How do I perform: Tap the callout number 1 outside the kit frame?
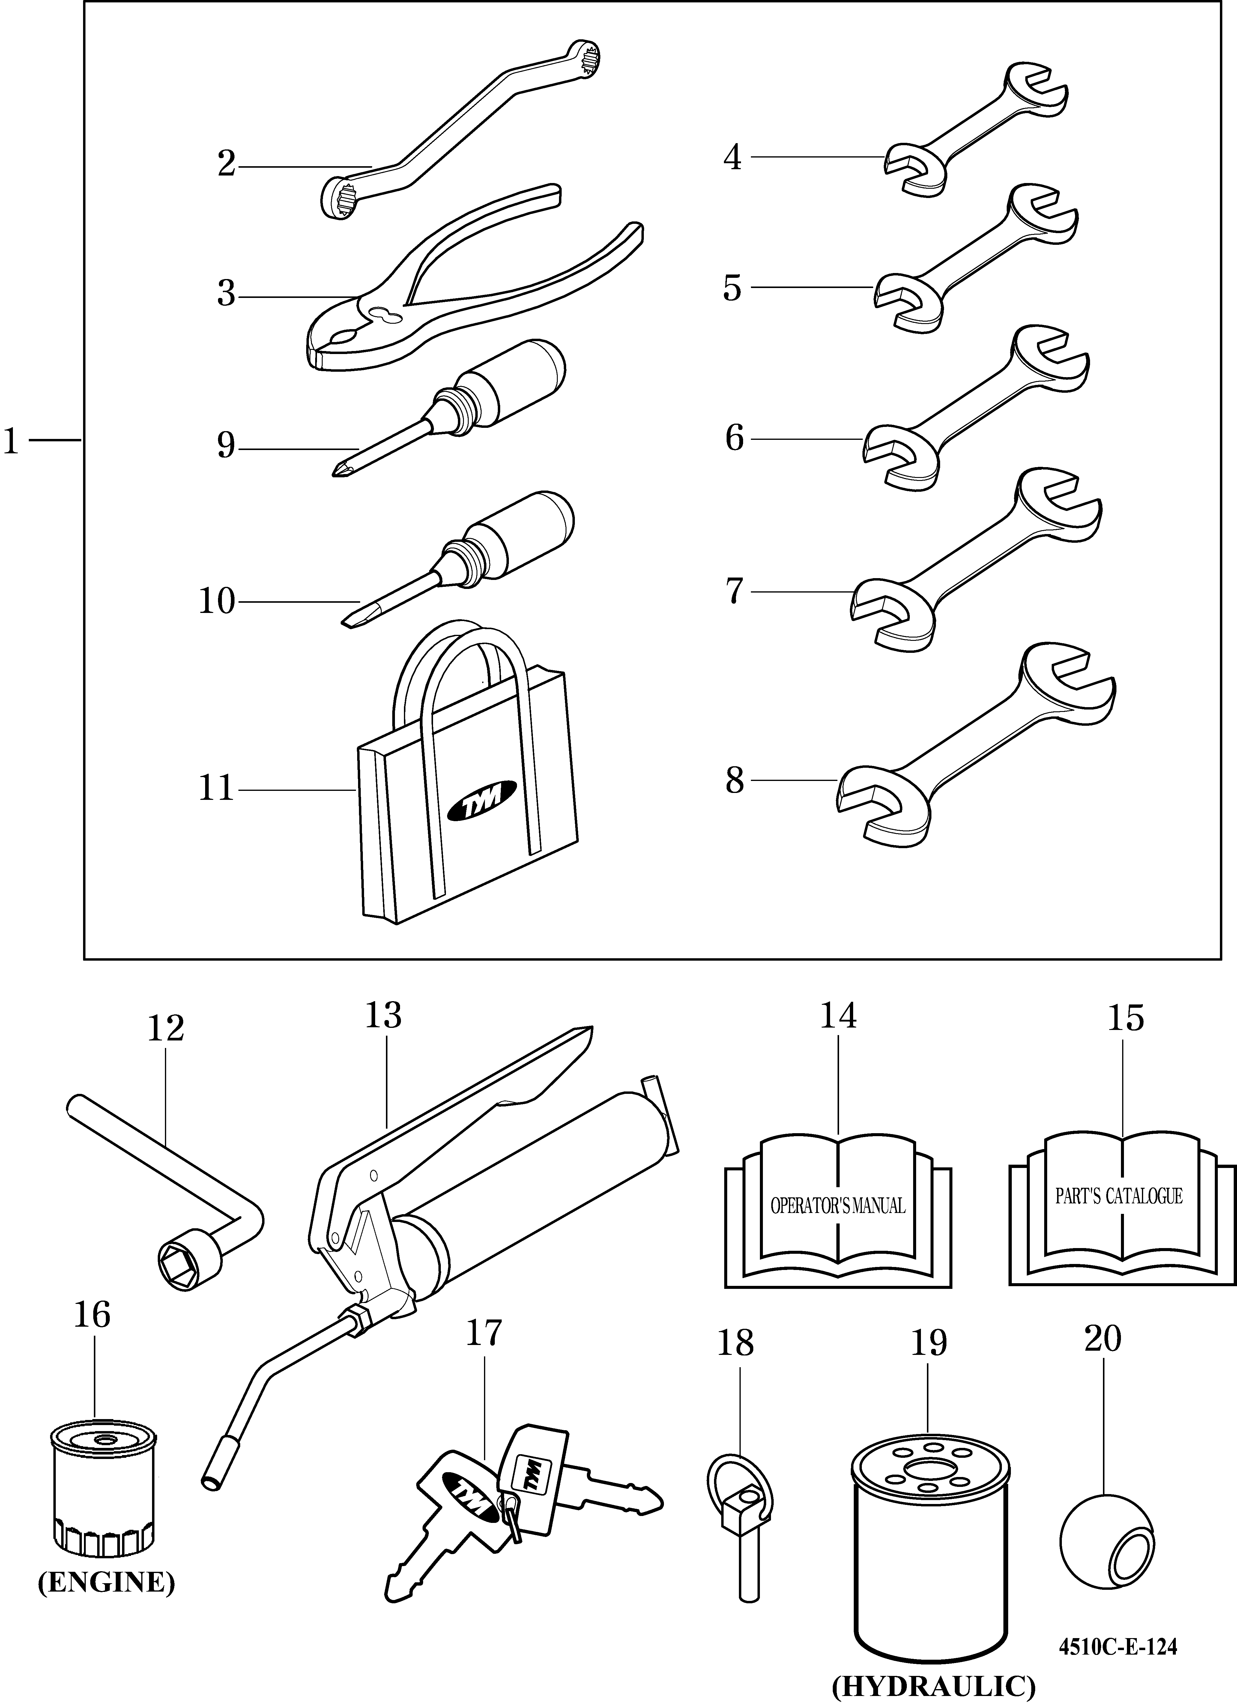tap(10, 441)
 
